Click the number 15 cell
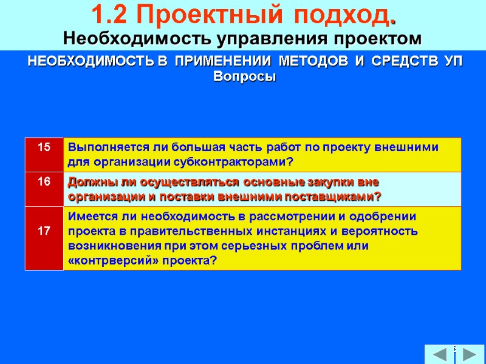click(44, 147)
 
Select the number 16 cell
click(44, 182)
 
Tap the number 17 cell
click(44, 231)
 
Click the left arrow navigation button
click(437, 354)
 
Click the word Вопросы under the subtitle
click(245, 77)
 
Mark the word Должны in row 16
click(88, 182)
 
